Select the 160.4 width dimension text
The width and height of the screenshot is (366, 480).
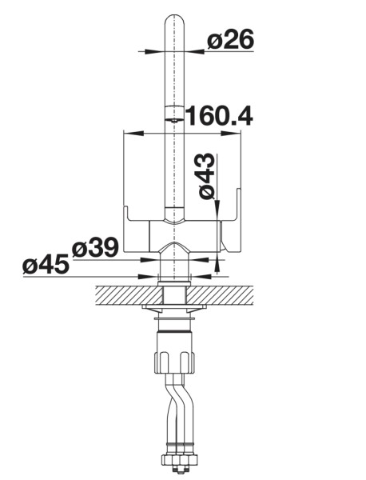(219, 116)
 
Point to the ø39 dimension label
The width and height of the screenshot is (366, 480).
(95, 248)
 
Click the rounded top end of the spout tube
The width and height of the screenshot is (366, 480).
(175, 20)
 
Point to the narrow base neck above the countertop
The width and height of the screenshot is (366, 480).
(174, 272)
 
